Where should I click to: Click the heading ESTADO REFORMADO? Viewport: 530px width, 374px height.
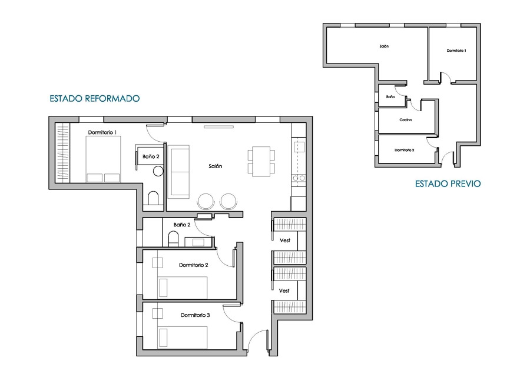(x=95, y=99)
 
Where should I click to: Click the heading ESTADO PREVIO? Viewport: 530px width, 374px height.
(x=448, y=183)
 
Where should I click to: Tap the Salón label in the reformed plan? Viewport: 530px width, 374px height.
(x=216, y=166)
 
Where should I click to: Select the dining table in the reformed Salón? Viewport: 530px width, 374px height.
(x=261, y=161)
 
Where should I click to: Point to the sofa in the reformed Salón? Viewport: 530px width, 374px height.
(x=178, y=172)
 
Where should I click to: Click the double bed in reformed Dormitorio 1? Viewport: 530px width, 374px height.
(x=103, y=159)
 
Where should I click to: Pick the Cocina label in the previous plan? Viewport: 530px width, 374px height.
(x=406, y=120)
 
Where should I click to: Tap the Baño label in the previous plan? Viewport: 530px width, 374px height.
(x=390, y=97)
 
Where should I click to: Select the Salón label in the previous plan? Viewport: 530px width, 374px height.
(x=384, y=46)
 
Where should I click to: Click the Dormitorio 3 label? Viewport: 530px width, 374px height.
(x=196, y=315)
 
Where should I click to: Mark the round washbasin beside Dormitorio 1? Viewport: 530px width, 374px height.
(x=158, y=171)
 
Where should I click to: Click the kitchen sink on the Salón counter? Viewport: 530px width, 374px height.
(x=299, y=147)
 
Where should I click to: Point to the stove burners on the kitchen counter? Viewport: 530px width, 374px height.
(x=299, y=178)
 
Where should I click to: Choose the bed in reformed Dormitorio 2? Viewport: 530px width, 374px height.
(x=183, y=288)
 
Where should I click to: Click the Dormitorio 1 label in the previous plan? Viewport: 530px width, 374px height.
(x=456, y=51)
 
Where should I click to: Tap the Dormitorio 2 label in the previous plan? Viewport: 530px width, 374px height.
(x=405, y=150)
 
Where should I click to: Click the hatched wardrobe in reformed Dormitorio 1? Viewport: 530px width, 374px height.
(x=62, y=153)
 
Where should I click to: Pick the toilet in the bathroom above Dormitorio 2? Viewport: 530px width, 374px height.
(x=173, y=239)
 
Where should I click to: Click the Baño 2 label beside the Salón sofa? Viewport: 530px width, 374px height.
(x=151, y=156)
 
